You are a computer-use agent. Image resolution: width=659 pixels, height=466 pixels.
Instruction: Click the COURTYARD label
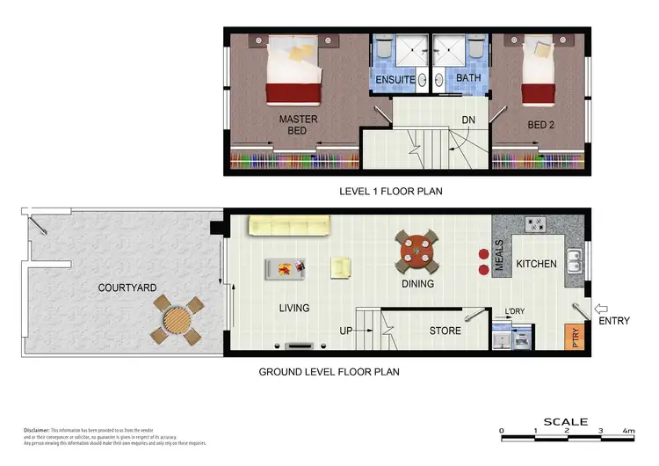[x=127, y=287]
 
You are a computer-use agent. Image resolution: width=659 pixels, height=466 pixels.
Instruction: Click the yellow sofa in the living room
[x=289, y=226]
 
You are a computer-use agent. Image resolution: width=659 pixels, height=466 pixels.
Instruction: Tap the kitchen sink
[x=574, y=261]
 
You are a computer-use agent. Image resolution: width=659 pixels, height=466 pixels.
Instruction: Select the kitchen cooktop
[x=536, y=225]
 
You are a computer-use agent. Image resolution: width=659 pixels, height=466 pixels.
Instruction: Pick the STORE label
[x=445, y=331]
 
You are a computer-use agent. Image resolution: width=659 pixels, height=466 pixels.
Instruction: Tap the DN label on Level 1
[x=468, y=120]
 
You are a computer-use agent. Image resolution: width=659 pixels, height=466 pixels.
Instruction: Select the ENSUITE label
[x=395, y=80]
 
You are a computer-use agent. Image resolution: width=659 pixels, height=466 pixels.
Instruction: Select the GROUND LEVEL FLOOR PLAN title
[x=329, y=372]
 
